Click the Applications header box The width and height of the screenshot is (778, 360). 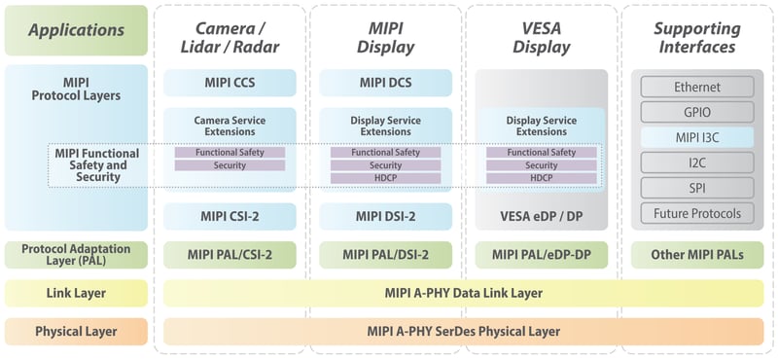(x=76, y=30)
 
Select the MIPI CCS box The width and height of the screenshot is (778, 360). (x=230, y=84)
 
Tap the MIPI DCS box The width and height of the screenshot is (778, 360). (x=385, y=84)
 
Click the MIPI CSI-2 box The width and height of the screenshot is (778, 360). (x=230, y=216)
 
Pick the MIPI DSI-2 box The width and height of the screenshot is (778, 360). (x=385, y=216)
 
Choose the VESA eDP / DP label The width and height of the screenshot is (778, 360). (x=541, y=216)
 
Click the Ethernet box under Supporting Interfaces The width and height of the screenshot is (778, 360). (x=697, y=88)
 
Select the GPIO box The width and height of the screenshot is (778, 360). (x=697, y=112)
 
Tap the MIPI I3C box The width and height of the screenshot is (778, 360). (x=697, y=137)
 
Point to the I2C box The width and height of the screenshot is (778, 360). (x=697, y=162)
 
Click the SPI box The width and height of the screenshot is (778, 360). (x=697, y=188)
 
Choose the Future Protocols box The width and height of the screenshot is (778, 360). (x=697, y=213)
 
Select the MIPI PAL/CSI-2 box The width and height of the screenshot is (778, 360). (x=230, y=255)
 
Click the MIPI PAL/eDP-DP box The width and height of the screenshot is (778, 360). (x=541, y=255)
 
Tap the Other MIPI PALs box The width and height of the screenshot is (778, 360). (x=697, y=255)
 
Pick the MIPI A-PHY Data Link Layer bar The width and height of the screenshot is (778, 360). (x=463, y=293)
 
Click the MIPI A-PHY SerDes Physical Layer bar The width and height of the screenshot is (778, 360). (x=463, y=331)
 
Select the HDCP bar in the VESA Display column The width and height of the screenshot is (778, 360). (x=541, y=178)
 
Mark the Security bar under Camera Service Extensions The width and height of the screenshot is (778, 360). (x=230, y=165)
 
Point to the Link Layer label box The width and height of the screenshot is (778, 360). (x=76, y=293)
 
